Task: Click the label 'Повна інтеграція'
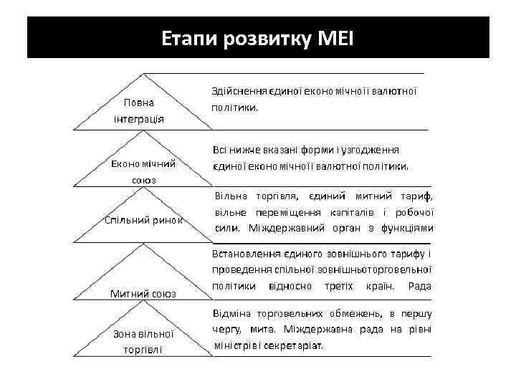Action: click(x=138, y=110)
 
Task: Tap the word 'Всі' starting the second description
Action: click(x=221, y=151)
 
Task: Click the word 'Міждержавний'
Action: click(x=285, y=229)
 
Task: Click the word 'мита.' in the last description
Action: click(x=264, y=330)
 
